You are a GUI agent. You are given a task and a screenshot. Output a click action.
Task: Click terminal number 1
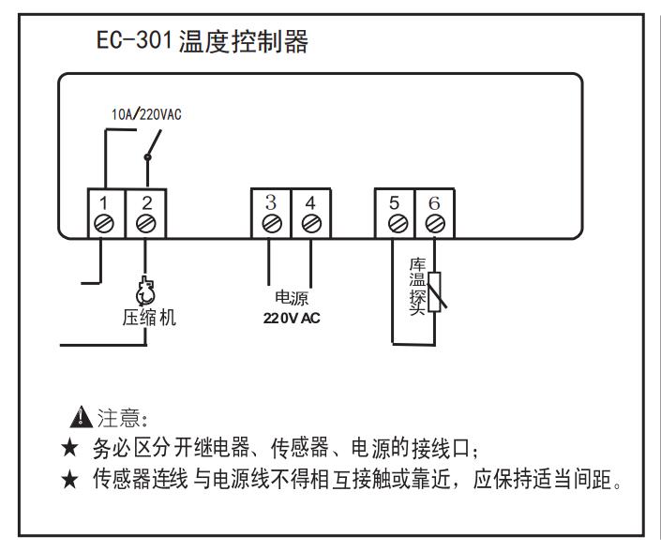105,201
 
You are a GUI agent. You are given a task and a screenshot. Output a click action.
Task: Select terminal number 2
145,201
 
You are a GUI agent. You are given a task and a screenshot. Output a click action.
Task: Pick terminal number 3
270,201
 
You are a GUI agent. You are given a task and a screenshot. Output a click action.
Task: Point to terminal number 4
310,201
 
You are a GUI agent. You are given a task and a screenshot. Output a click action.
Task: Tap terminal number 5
395,201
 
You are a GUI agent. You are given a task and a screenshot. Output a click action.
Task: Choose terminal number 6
434,201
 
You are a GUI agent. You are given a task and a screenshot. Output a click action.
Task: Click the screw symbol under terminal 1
105,224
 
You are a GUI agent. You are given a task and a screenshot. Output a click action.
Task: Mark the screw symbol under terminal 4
310,224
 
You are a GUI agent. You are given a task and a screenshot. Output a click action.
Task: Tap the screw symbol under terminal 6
434,224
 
